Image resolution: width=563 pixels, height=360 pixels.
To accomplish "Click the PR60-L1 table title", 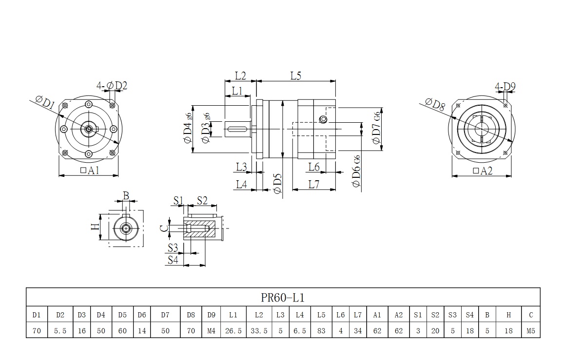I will coord(283,297).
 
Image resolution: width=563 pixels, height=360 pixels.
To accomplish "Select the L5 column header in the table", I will coord(321,315).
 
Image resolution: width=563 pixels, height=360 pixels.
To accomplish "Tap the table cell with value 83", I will coord(321,331).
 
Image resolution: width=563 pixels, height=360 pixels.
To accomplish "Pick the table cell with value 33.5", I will coord(258,331).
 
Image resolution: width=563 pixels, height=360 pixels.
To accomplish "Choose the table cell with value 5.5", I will coord(60,331).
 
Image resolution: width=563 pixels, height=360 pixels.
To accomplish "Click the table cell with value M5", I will coord(531,331).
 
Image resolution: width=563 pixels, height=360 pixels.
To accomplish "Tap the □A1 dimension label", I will coord(89,170).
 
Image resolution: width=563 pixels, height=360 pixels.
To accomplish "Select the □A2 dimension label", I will coord(483,171).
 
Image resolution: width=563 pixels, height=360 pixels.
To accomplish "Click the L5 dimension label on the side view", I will coord(296,76).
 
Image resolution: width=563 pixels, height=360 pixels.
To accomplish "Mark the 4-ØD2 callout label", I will coord(112,86).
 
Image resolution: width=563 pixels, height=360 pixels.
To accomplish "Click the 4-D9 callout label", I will coord(505,87).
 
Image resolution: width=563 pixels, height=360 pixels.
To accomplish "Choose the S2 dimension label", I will coord(202,200).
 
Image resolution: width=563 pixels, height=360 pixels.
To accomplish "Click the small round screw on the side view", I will coord(322,119).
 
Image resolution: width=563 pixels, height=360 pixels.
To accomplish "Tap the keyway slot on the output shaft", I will coord(238,129).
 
